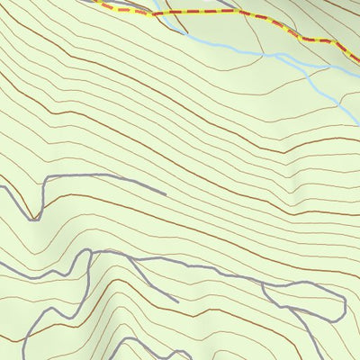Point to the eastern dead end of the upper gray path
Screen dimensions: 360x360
click(166, 193)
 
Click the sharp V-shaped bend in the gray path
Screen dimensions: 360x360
click(36, 219)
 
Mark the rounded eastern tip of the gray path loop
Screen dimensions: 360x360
click(345, 306)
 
